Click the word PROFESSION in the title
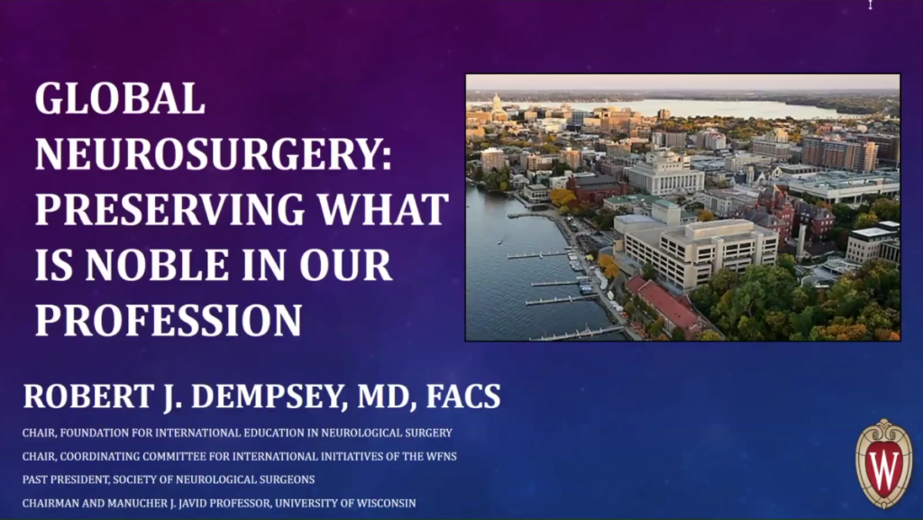(x=169, y=320)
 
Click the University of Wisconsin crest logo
(x=883, y=463)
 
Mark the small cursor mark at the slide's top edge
(x=870, y=5)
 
